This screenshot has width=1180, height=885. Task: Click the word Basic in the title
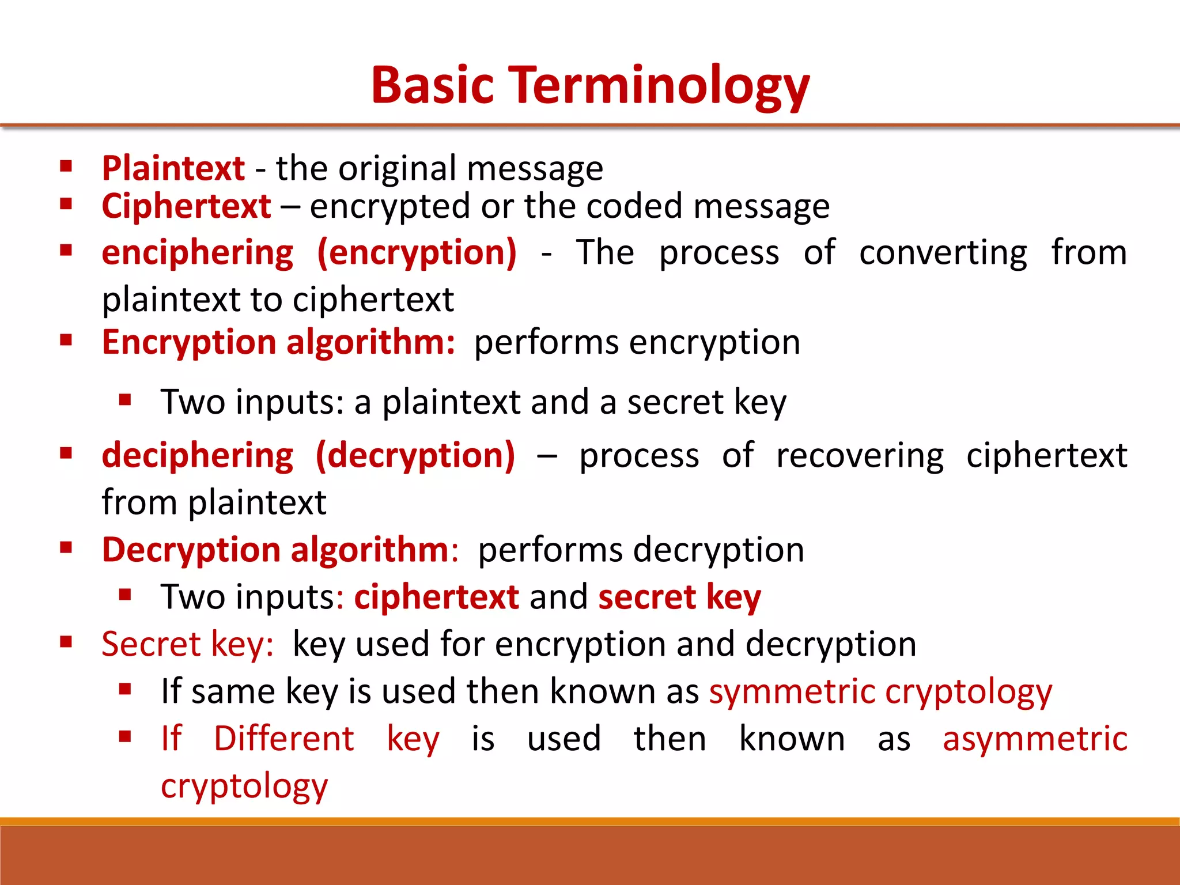[433, 85]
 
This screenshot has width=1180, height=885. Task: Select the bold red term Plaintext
[173, 168]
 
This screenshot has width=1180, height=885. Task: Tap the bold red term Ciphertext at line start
[186, 206]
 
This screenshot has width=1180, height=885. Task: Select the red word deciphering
[198, 456]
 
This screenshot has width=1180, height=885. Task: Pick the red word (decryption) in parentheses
[415, 456]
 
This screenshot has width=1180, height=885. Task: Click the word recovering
[860, 456]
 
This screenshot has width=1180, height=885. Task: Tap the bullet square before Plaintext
[66, 167]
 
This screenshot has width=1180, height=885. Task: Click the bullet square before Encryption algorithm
[66, 341]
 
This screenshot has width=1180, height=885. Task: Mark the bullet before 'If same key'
[125, 689]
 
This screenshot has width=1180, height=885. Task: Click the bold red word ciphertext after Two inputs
[437, 597]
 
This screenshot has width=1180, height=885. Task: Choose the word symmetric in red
[792, 691]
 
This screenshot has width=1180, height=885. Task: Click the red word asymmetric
[1035, 739]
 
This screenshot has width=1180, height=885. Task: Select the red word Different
[283, 739]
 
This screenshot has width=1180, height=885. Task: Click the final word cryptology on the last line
[244, 786]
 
